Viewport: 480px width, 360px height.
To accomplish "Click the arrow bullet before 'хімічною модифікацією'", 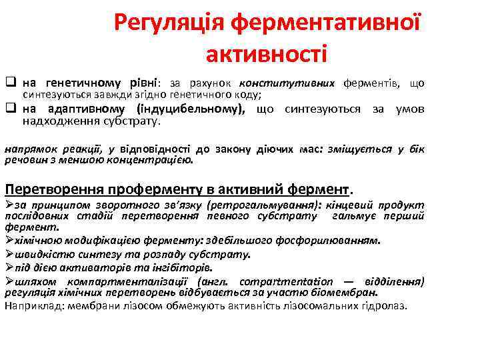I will tap(9, 239).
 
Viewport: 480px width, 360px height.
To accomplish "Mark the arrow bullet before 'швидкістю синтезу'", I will tap(9, 253).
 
